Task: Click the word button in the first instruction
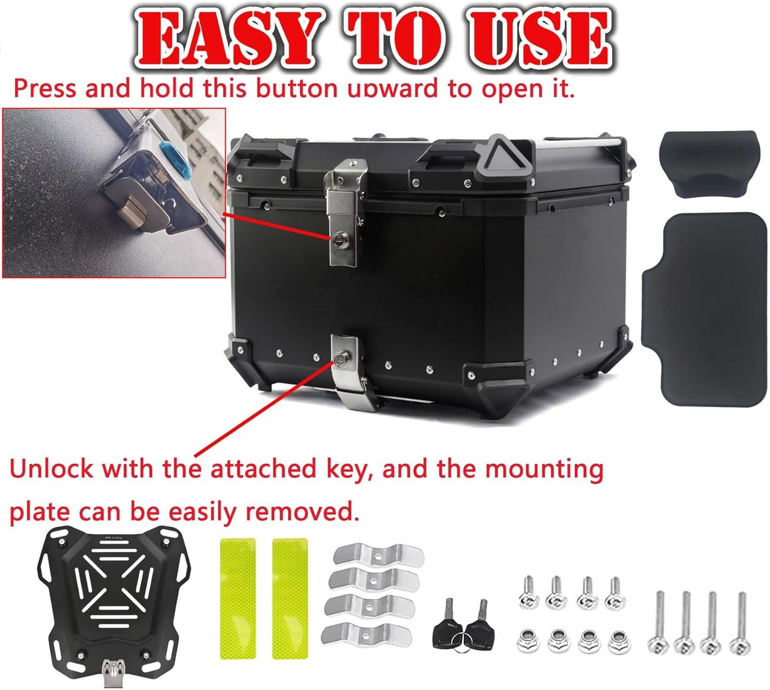click(x=296, y=88)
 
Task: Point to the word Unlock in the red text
click(x=51, y=468)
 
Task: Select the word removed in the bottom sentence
click(x=302, y=511)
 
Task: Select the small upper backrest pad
click(x=709, y=164)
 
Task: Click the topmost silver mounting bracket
click(x=378, y=555)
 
